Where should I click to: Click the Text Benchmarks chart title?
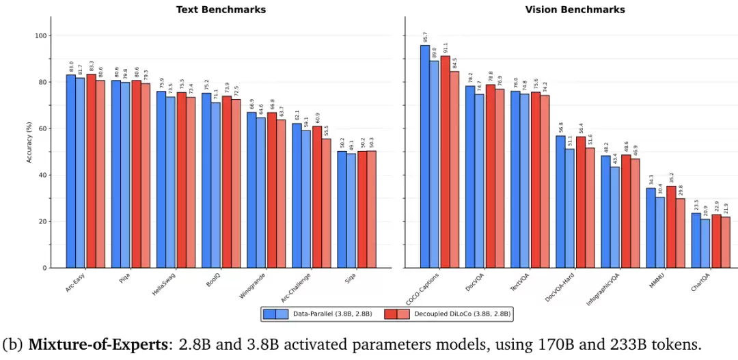[x=221, y=10]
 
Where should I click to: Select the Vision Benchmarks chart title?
[x=574, y=10]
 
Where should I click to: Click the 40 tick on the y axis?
[x=42, y=175]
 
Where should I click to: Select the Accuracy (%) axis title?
[x=29, y=152]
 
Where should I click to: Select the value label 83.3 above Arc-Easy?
[x=91, y=67]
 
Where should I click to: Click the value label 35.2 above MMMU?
[x=671, y=178]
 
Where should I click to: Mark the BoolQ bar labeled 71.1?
[x=216, y=184]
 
